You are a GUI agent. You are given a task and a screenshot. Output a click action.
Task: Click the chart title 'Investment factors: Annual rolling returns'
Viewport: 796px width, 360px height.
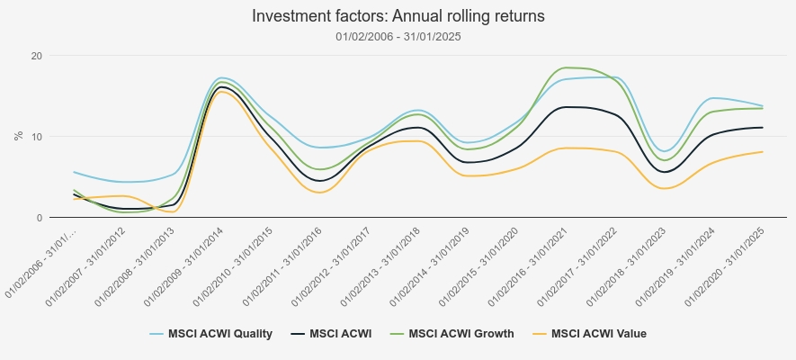point(398,16)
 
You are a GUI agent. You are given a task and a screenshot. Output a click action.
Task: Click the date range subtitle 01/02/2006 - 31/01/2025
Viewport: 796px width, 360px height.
point(398,37)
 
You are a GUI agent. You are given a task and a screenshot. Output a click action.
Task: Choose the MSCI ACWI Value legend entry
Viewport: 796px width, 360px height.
point(598,334)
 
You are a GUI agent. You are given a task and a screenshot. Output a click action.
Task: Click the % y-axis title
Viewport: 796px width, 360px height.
point(18,136)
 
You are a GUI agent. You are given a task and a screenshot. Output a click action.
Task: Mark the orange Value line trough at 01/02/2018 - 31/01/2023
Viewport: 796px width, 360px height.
point(665,188)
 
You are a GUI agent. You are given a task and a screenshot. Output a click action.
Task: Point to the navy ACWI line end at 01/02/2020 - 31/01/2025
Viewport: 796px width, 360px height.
point(763,128)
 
